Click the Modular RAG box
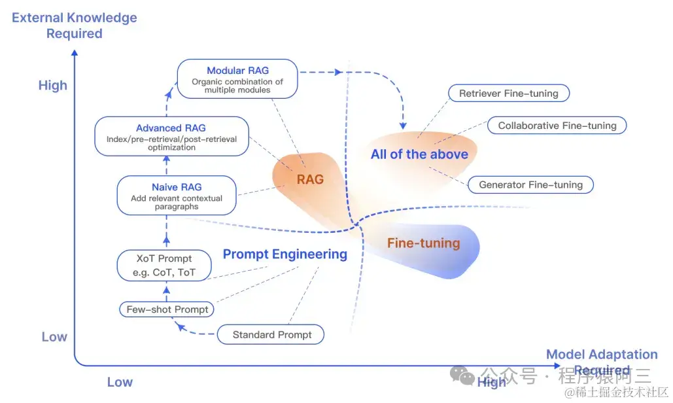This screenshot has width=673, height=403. tap(237, 79)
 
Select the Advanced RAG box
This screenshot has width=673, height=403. tap(171, 136)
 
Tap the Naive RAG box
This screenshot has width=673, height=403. tap(177, 195)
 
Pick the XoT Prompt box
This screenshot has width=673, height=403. tap(164, 265)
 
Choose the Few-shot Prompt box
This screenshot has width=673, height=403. tap(167, 309)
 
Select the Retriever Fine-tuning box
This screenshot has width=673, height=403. tap(508, 94)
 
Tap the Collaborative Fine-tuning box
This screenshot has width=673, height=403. tap(557, 126)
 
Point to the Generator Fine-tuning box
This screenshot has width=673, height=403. tap(530, 184)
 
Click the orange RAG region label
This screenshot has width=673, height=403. tap(310, 179)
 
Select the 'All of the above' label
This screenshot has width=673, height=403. tap(419, 154)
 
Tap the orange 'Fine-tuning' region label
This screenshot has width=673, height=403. tap(423, 243)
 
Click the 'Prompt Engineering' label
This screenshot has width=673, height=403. tap(285, 254)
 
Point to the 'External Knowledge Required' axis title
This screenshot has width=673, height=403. tap(75, 25)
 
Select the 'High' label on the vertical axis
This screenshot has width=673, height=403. tap(53, 86)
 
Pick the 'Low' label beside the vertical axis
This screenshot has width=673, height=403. tap(54, 337)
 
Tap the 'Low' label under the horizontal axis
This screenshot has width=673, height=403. tap(120, 382)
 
